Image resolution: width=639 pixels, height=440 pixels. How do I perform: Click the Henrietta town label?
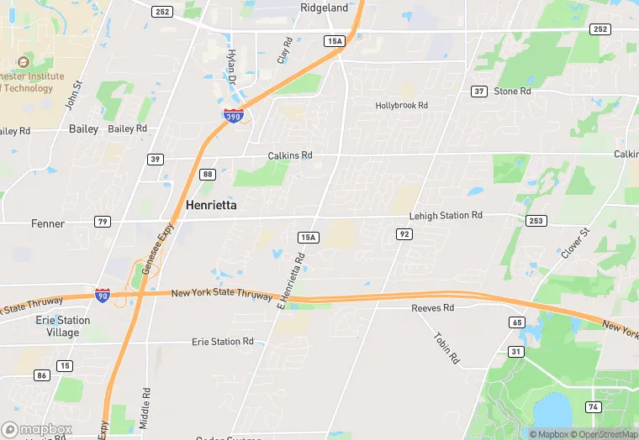[210, 205]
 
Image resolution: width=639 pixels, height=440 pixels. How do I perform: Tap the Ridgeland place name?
[324, 8]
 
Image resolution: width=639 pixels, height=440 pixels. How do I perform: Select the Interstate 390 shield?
[234, 116]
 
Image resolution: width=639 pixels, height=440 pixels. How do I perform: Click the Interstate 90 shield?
[103, 295]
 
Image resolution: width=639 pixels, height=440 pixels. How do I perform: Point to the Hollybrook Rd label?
[401, 106]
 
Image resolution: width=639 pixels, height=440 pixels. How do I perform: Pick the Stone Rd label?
[512, 91]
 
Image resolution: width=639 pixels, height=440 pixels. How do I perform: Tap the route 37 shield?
[478, 91]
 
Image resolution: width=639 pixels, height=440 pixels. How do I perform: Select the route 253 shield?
[536, 220]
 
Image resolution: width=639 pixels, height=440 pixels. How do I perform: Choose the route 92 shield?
[404, 234]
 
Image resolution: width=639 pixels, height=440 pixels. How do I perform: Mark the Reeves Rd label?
[432, 308]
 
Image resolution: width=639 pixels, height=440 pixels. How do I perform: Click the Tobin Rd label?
[446, 348]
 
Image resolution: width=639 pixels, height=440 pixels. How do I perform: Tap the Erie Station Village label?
[63, 327]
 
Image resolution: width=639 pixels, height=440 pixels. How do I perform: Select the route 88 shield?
[209, 174]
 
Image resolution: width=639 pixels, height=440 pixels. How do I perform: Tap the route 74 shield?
[592, 407]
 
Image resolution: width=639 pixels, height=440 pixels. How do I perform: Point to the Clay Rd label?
[286, 51]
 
